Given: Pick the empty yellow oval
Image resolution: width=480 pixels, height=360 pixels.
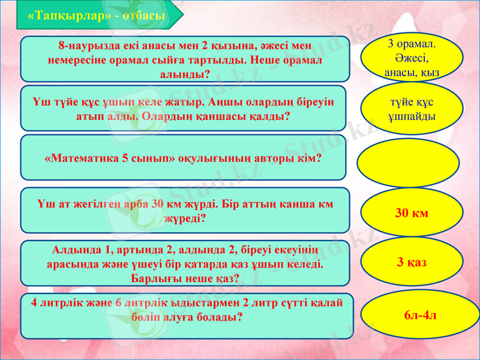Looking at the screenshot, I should point(409,163).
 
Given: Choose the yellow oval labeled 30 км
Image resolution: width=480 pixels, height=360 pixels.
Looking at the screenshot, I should point(412,212).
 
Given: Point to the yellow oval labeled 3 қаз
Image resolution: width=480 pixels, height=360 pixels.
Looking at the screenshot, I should point(412,262).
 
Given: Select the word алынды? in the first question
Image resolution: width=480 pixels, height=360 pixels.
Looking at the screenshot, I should point(185,74).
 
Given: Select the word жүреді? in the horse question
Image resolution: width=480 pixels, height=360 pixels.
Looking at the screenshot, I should point(185,218).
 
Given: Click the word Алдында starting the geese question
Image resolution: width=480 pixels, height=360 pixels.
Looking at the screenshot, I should point(75,250).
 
